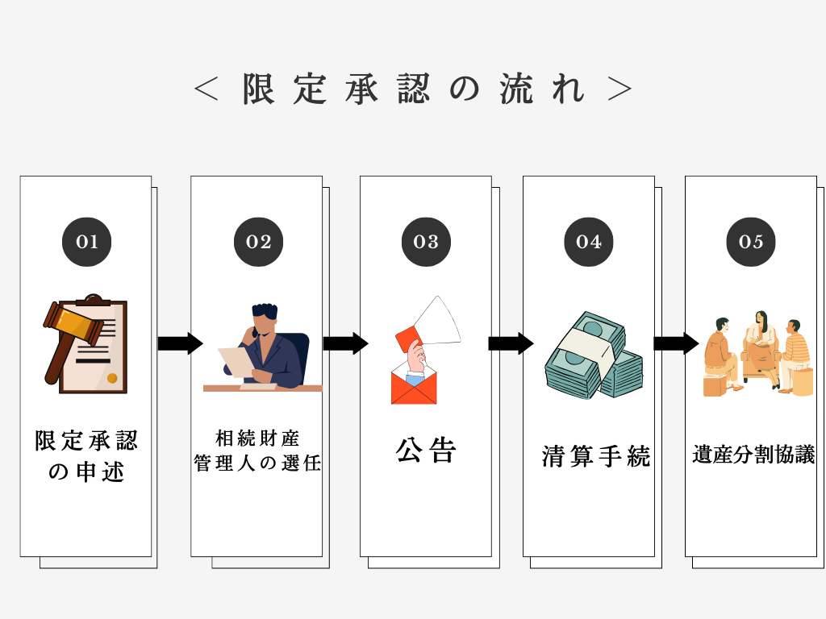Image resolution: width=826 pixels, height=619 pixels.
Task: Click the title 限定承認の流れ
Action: coord(413,89)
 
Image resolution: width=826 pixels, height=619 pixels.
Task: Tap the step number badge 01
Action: coord(87,242)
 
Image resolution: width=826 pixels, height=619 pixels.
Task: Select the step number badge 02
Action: coord(258,242)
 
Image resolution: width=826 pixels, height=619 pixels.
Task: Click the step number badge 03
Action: coord(426,242)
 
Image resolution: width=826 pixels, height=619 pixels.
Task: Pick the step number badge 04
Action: coord(589,242)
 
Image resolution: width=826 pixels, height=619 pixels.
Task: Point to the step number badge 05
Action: coord(750,242)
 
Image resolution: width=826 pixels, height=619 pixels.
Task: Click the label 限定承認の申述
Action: coord(86,455)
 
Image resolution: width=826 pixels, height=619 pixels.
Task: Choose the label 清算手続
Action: coord(595,457)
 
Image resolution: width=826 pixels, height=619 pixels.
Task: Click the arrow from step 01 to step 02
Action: coord(179,343)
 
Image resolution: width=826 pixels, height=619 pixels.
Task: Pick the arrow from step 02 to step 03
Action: coord(345,343)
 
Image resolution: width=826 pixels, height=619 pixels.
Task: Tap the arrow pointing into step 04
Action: coord(511,343)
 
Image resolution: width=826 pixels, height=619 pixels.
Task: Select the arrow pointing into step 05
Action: coord(675,343)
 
